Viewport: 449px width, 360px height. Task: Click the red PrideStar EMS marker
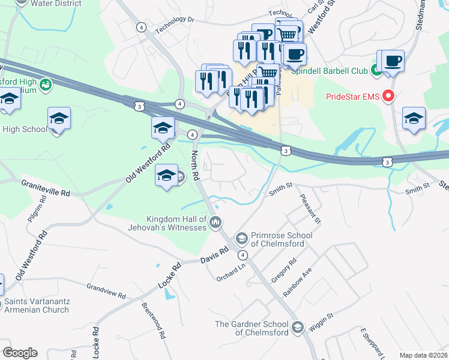(x=389, y=96)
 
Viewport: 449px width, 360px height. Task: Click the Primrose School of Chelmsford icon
(x=242, y=239)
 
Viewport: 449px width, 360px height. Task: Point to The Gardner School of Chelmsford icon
(x=298, y=328)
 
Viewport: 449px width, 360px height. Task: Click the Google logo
(x=20, y=353)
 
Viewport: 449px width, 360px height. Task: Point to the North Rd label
(x=194, y=166)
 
